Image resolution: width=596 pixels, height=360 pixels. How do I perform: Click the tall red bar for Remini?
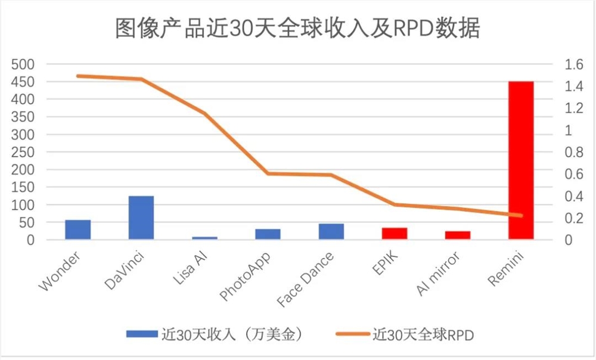point(521,160)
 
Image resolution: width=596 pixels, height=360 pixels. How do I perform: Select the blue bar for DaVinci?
point(141,218)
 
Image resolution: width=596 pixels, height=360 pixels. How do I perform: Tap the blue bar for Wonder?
point(78,229)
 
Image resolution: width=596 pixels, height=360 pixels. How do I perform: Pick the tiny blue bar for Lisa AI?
point(204,238)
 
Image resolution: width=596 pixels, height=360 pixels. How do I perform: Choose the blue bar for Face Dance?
point(331,231)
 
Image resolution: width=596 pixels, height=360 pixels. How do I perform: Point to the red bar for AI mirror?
point(458,235)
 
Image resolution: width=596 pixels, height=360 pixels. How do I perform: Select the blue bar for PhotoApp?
point(268,234)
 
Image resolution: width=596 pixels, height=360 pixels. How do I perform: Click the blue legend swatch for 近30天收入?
point(141,334)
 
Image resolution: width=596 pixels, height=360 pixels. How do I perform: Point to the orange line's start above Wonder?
point(78,76)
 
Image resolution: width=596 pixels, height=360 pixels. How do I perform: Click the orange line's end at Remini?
point(521,215)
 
